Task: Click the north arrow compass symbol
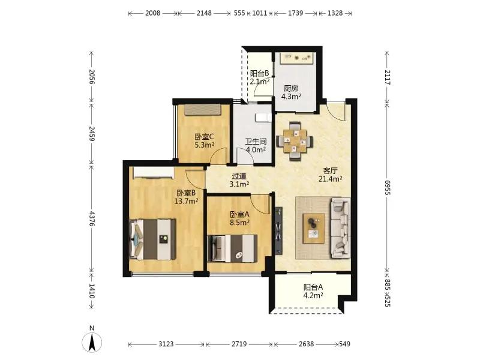click(x=92, y=341)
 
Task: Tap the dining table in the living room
click(x=295, y=141)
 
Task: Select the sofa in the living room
click(x=341, y=228)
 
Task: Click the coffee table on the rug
click(x=314, y=229)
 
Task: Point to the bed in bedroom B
click(x=153, y=239)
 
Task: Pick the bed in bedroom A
click(x=232, y=248)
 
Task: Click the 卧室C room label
click(x=204, y=136)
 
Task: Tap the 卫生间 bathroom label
click(x=256, y=142)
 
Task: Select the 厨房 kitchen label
click(x=291, y=88)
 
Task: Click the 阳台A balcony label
click(x=313, y=287)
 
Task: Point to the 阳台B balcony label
click(x=260, y=73)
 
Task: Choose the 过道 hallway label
click(x=239, y=176)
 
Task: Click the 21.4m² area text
click(x=331, y=179)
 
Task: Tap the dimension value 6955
click(x=388, y=187)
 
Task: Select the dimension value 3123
click(x=166, y=344)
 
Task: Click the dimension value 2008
click(x=153, y=13)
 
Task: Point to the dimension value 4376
click(x=92, y=218)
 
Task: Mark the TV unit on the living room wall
click(x=278, y=231)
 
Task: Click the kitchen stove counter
click(x=297, y=58)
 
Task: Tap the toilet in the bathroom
click(x=263, y=118)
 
